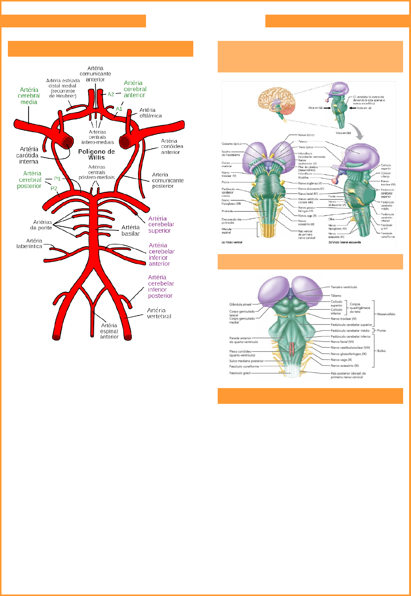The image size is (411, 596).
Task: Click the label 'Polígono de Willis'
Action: pos(96,154)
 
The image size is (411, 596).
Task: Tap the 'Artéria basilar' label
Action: pos(131,230)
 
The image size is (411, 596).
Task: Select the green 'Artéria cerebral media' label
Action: pos(29,96)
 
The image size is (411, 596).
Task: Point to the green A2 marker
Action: pos(111,94)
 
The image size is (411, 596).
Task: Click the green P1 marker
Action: pos(57,179)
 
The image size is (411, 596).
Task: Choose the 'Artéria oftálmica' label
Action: pos(150,113)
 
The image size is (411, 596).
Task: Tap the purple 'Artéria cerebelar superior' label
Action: pos(161,224)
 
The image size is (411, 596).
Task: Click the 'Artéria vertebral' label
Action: pos(159,313)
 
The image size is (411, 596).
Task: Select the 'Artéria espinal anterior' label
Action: pos(109,331)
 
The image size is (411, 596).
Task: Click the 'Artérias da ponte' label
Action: pos(42,225)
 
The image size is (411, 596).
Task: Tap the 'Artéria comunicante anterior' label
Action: pos(95,74)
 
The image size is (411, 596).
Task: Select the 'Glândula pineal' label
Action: pos(240,304)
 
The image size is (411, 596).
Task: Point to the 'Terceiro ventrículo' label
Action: pos(344,287)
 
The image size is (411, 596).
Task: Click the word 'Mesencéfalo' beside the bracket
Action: pos(386,314)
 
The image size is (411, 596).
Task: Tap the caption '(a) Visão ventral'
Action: pos(232,242)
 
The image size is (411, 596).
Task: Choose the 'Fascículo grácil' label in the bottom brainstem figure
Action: pos(240,373)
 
